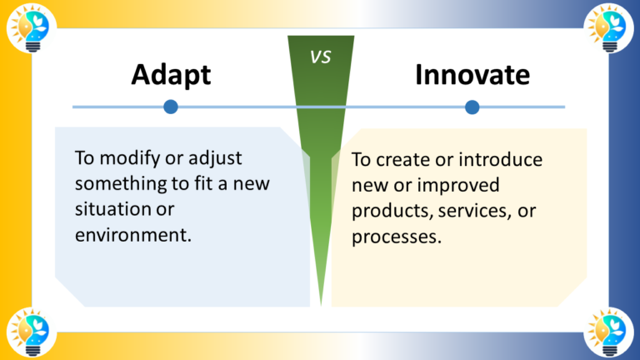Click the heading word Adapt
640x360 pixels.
pos(171,74)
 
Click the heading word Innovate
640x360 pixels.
pos(472,74)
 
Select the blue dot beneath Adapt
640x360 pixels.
pos(171,107)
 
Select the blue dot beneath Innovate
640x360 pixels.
pos(472,107)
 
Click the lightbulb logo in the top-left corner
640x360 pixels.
pos(28,28)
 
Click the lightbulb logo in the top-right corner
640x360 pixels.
pos(611,28)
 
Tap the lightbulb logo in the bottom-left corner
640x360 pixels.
pos(28,332)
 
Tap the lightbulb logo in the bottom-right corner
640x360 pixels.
pos(611,332)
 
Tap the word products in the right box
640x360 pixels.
pos(385,211)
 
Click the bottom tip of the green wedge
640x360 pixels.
pos(320,305)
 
